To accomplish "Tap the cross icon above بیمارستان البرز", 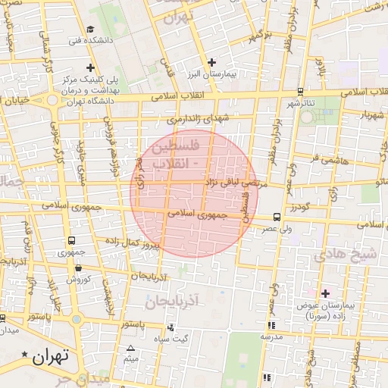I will pos(212,62).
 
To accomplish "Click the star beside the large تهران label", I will pos(27,355).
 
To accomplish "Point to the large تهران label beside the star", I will pos(52,355).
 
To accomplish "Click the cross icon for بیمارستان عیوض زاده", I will pos(326,293).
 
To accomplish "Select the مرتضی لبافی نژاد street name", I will pos(232,183).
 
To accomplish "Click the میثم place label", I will pos(130,358).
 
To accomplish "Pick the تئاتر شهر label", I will pos(286,103).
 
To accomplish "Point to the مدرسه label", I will pos(271,336).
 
